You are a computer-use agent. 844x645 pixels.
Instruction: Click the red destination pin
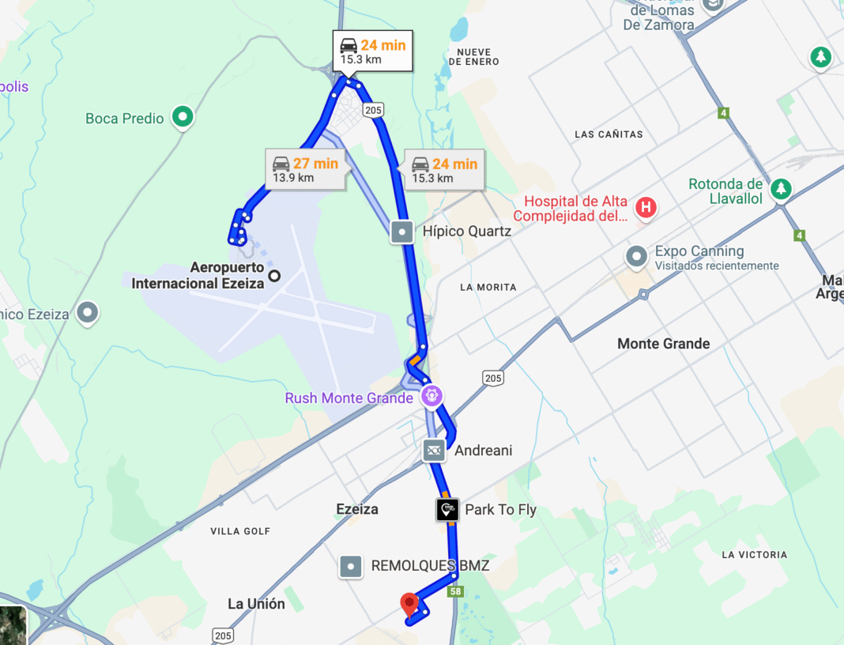tap(409, 604)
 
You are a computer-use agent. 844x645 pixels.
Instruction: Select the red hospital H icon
tap(646, 208)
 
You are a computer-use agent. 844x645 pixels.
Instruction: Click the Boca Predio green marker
tap(183, 118)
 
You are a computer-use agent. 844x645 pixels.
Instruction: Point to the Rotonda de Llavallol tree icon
tap(781, 188)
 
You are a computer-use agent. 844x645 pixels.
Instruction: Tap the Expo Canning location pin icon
tap(636, 257)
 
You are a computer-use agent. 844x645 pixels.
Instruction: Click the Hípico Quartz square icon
tap(402, 232)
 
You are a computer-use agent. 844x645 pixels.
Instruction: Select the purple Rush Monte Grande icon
tap(431, 396)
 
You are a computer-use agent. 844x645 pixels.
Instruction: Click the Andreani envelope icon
tap(433, 451)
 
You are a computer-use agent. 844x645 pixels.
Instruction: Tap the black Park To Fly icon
tap(447, 510)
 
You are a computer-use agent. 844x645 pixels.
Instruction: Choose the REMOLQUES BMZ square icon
tap(351, 566)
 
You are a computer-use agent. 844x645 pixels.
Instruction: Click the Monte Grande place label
tap(663, 343)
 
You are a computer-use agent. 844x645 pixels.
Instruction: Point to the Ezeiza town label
tap(357, 509)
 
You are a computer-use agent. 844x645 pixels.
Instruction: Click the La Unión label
tap(256, 604)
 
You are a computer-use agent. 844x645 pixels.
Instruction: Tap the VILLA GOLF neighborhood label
tap(240, 531)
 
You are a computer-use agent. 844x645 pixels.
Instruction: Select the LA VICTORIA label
tap(754, 555)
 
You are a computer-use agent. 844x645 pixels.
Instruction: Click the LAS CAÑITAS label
tap(609, 134)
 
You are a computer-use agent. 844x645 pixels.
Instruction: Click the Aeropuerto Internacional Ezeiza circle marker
tap(274, 276)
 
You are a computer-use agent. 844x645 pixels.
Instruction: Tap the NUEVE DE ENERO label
tap(473, 57)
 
